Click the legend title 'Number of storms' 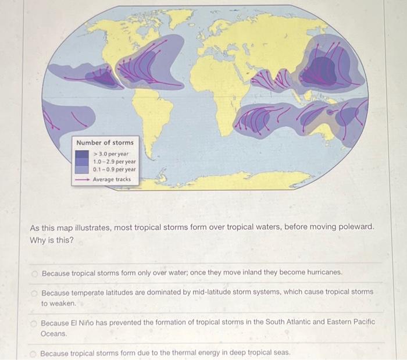[105, 142]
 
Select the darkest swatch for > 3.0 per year [82, 154]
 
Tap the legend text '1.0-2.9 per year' [115, 162]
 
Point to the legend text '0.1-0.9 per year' [115, 170]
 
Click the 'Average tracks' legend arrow [81, 180]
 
